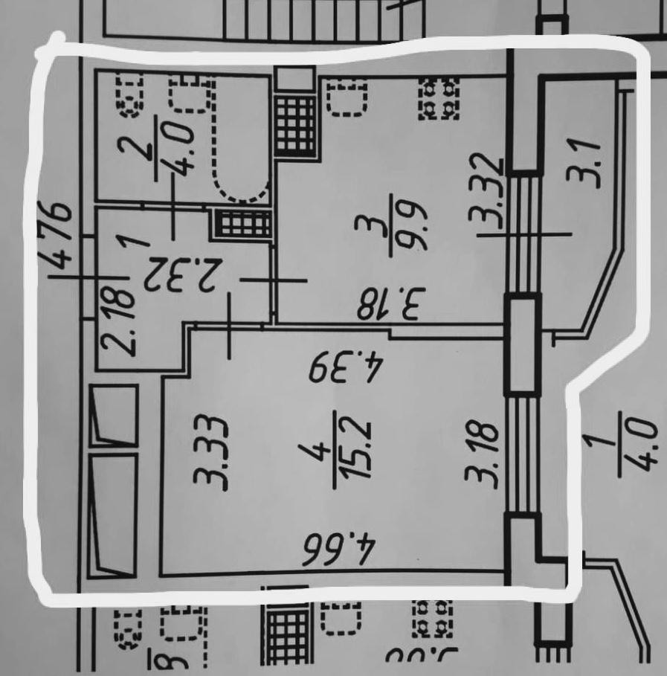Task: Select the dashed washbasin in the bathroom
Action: coord(190,96)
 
